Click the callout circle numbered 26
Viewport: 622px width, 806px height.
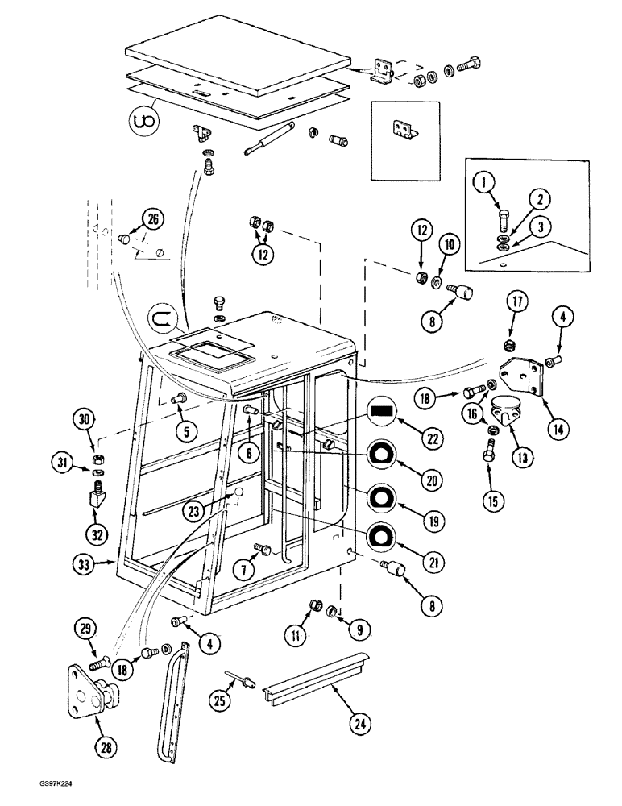tap(151, 218)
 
